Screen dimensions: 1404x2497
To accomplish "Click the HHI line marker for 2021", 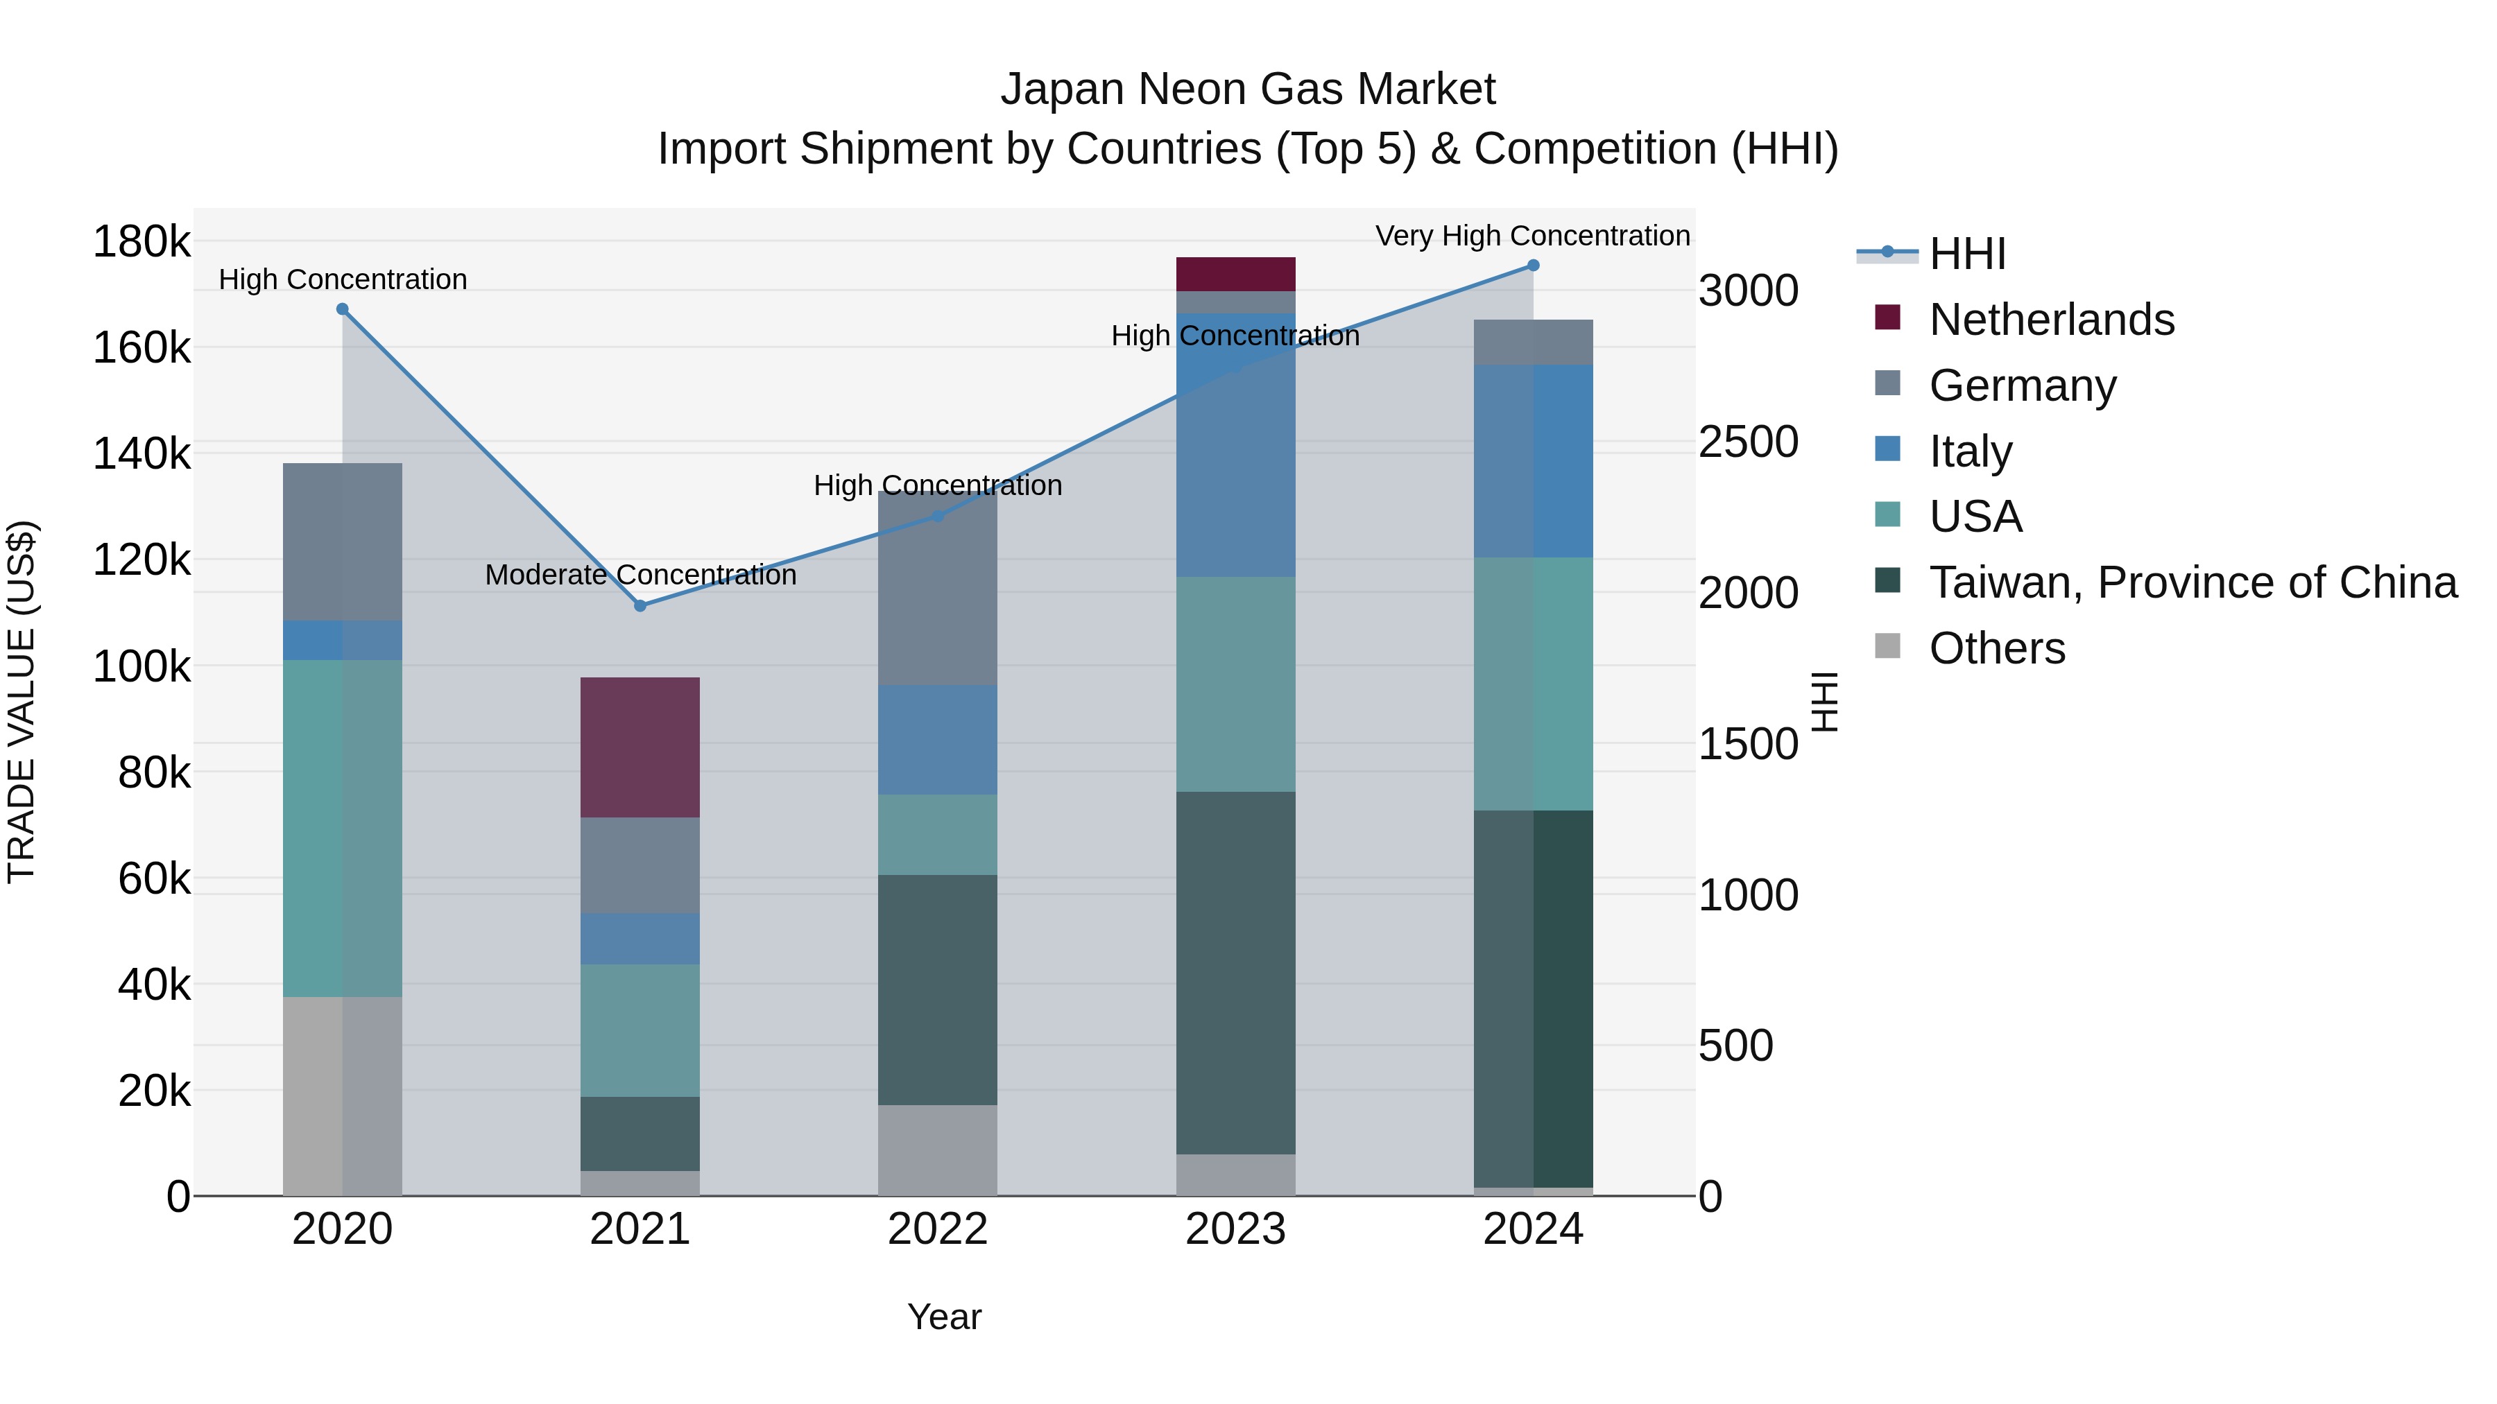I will [x=640, y=605].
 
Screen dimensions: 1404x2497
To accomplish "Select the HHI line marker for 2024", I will [x=1532, y=266].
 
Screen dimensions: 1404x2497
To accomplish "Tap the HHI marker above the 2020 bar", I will [x=342, y=309].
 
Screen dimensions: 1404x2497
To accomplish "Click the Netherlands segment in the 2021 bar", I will [x=640, y=747].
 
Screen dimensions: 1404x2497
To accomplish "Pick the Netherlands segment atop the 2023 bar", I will [x=1236, y=274].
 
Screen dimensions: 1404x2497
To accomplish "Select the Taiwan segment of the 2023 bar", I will [x=1236, y=972].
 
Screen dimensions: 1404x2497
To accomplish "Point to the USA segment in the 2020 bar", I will [x=342, y=829].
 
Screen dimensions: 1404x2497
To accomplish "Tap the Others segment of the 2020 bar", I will [x=342, y=1096].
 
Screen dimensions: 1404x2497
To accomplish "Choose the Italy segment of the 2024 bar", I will [x=1532, y=461].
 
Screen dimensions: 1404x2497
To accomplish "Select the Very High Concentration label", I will [x=1531, y=236].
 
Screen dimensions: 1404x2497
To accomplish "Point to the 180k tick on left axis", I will [x=141, y=241].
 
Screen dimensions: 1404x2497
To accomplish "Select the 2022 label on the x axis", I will [x=937, y=1229].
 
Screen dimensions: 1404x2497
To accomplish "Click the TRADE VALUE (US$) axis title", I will [x=22, y=702].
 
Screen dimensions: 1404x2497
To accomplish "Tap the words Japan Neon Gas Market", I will [x=1248, y=89].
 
